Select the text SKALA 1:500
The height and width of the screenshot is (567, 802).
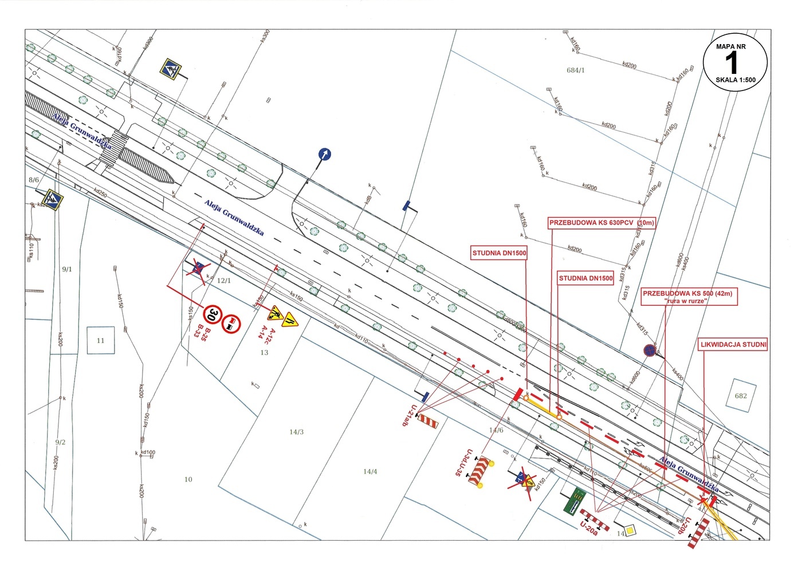point(735,80)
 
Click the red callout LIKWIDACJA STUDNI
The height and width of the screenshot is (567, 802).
point(733,344)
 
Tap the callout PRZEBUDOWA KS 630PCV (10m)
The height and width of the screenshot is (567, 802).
point(601,223)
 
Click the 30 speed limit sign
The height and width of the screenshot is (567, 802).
point(213,314)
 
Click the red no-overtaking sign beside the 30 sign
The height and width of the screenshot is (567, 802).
point(231,325)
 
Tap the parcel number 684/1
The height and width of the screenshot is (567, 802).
point(575,70)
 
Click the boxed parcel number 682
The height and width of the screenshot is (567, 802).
point(741,395)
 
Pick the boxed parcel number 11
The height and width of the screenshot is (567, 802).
point(101,340)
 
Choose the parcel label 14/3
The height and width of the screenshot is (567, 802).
point(296,432)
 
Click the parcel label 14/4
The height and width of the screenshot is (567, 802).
point(370,472)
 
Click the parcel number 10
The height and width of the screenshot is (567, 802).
point(188,479)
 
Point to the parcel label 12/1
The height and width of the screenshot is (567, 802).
point(224,281)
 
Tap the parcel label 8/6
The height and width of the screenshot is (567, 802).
point(34,180)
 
